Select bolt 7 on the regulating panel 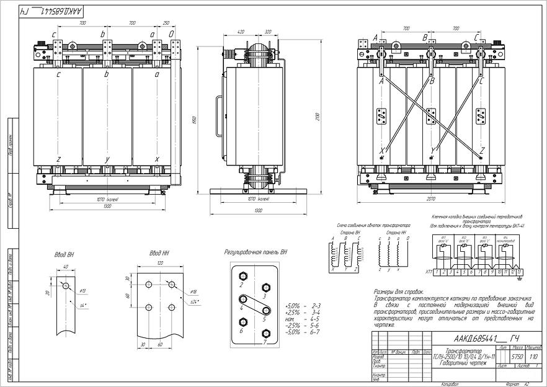(266, 332)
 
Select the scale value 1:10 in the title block (517, 357)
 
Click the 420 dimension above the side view (241, 30)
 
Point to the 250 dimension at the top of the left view (166, 23)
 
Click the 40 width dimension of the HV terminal (65, 267)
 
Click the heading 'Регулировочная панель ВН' (256, 252)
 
